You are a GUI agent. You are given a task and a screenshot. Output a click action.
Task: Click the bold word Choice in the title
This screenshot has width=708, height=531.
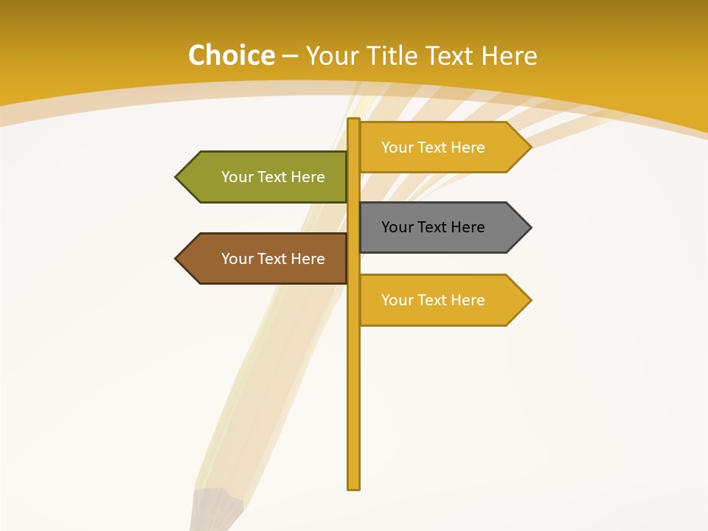point(231,56)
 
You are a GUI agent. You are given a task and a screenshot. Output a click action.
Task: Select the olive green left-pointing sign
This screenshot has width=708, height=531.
point(265,177)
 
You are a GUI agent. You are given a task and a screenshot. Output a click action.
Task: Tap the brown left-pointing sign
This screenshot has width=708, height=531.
point(265,259)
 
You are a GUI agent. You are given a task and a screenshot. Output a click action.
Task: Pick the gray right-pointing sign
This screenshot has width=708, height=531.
point(440,227)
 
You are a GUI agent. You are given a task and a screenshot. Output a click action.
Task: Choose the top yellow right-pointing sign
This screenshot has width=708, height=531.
point(440,147)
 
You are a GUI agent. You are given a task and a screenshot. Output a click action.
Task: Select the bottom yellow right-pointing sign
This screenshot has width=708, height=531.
point(440,300)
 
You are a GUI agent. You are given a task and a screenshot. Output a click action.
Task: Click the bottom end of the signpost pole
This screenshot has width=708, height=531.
point(354,487)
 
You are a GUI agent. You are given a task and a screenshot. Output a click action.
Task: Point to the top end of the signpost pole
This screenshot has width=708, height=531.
point(354,120)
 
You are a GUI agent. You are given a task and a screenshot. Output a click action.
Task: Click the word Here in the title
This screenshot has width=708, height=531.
point(509,56)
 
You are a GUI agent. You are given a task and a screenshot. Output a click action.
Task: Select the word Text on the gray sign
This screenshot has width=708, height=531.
point(433,227)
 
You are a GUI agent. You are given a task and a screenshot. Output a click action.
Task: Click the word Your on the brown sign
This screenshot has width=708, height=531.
point(237,259)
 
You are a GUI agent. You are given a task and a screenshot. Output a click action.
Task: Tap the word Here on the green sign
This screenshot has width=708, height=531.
point(307,177)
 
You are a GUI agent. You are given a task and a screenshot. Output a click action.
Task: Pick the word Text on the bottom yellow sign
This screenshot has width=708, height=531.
point(433,300)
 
